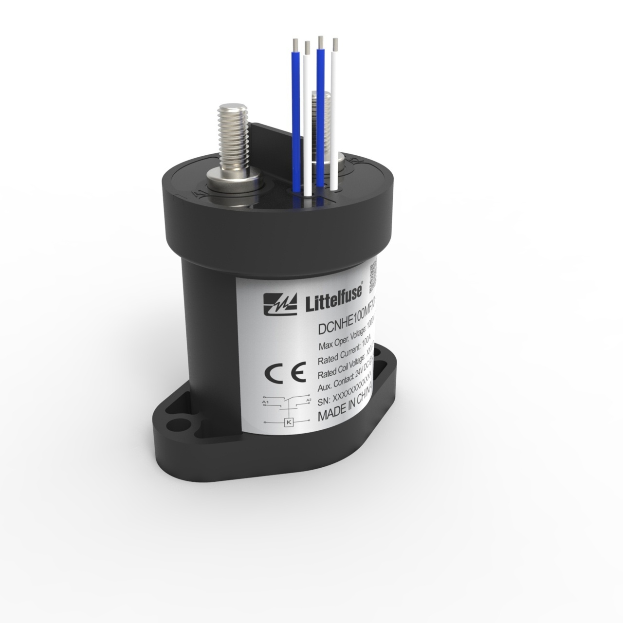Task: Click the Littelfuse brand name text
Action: [x=333, y=301]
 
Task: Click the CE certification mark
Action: [x=285, y=372]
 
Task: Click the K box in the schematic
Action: [x=289, y=422]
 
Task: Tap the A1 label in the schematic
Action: [x=265, y=402]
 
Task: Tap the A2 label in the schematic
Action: [x=308, y=400]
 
